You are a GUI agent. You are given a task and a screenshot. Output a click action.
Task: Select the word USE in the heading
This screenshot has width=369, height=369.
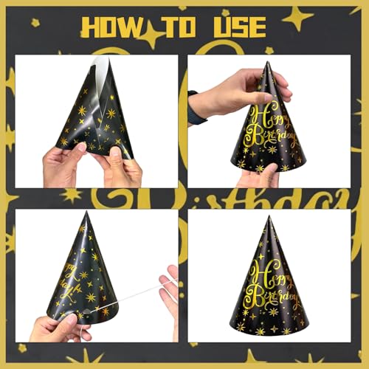point(238,27)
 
